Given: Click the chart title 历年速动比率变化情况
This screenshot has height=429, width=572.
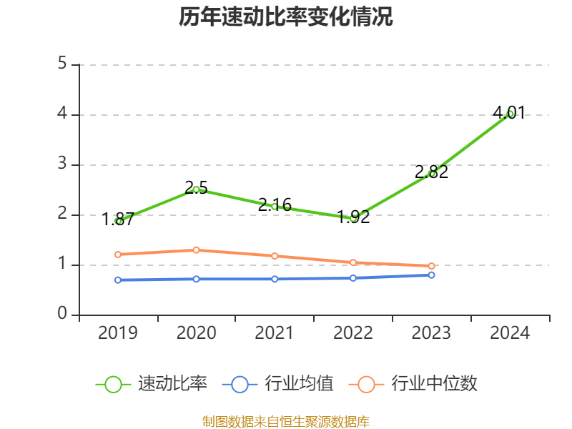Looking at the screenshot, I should [x=285, y=17].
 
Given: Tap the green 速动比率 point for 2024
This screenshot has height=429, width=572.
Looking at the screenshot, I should [x=510, y=114].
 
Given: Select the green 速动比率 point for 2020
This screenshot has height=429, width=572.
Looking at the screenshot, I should [x=196, y=189].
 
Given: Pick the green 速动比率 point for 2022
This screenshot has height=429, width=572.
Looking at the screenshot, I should [x=353, y=218].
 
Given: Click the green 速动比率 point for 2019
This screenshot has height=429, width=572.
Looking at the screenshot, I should [x=118, y=221].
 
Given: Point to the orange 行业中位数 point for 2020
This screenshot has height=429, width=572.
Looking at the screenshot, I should [x=196, y=250].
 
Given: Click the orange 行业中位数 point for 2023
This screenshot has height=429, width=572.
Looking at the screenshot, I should [x=431, y=266].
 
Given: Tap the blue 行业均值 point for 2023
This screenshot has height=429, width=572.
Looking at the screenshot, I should [x=431, y=275].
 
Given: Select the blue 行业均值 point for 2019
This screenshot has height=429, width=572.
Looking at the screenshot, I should [x=118, y=280].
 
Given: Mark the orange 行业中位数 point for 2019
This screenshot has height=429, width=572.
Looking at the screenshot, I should [x=118, y=254].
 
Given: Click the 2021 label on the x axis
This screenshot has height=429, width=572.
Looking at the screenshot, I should [x=275, y=332].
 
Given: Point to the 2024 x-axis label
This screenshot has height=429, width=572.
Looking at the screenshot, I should [x=510, y=332].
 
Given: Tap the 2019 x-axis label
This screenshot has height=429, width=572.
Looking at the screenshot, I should [x=118, y=332].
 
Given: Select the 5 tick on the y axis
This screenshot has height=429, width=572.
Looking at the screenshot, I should [x=62, y=64].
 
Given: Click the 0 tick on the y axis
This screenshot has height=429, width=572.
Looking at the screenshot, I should [x=62, y=315].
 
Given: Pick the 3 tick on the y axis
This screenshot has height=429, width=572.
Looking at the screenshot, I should [x=62, y=164].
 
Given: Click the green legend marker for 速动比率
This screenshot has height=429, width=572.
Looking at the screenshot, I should [x=113, y=384].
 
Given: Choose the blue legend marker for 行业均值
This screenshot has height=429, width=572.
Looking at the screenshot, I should [x=240, y=384].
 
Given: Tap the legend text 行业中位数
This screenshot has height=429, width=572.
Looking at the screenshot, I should [x=434, y=384].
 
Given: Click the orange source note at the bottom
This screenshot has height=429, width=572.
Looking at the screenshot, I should [x=285, y=421].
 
